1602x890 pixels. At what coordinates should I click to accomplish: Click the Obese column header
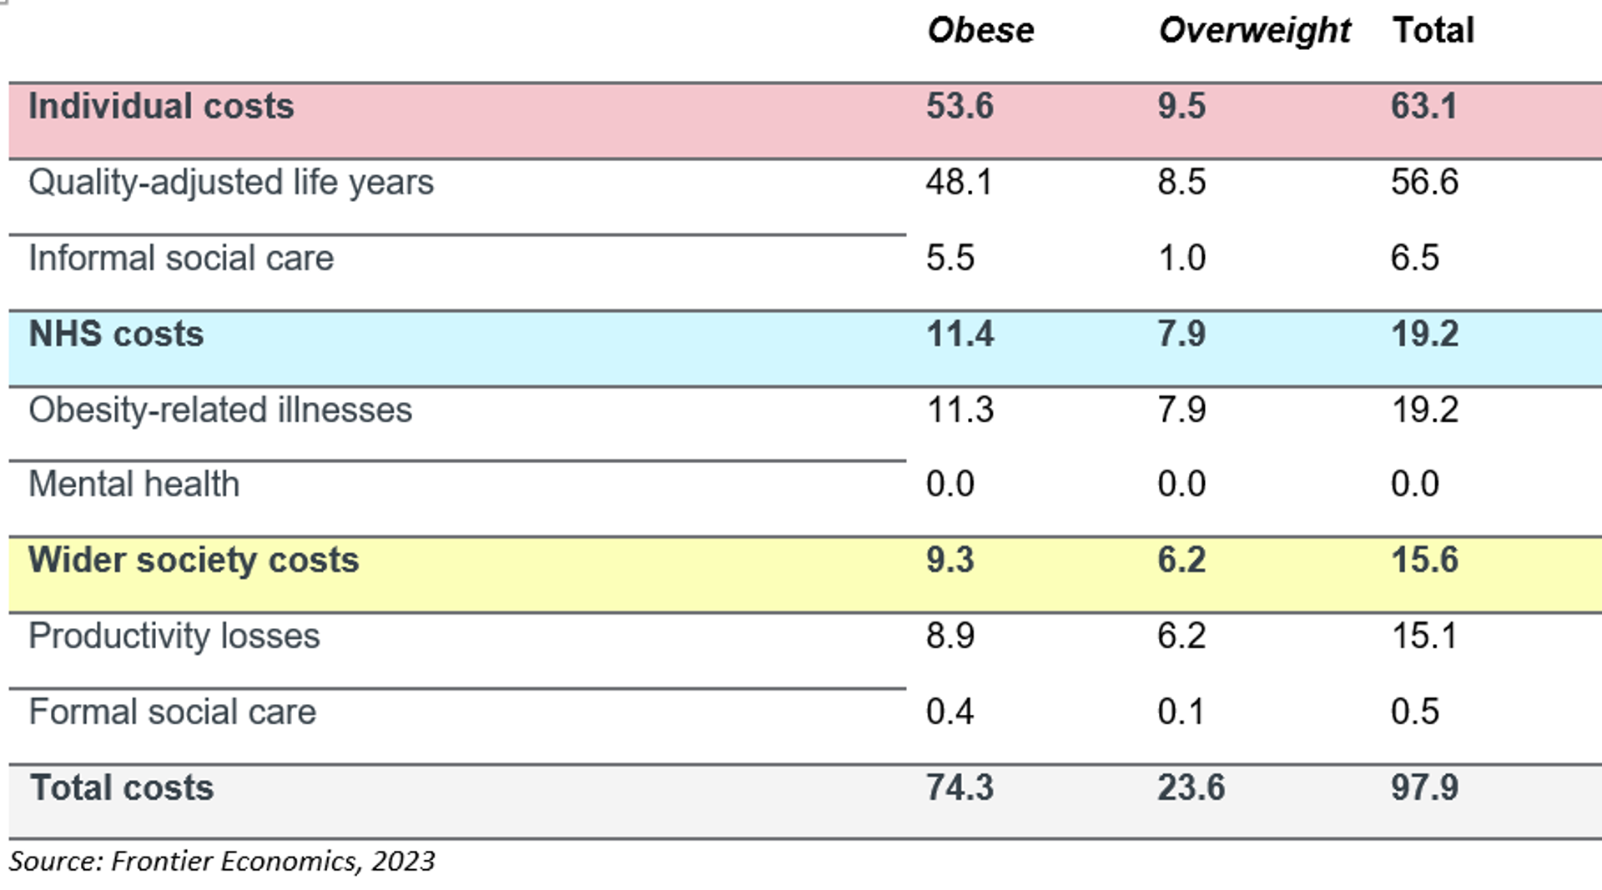pyautogui.click(x=980, y=31)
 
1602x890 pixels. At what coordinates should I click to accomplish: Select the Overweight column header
pyautogui.click(x=1254, y=31)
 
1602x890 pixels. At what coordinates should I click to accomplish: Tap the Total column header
pyautogui.click(x=1433, y=31)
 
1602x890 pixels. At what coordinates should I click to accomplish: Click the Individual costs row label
pyautogui.click(x=161, y=107)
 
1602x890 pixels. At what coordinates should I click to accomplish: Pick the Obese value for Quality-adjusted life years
pyautogui.click(x=959, y=182)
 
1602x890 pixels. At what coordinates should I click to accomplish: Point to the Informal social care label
pyautogui.click(x=181, y=258)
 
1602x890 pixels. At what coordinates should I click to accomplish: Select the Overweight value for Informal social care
pyautogui.click(x=1181, y=258)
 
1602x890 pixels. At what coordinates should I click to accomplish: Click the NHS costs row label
pyautogui.click(x=116, y=334)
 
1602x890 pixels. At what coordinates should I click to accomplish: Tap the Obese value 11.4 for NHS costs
pyautogui.click(x=960, y=334)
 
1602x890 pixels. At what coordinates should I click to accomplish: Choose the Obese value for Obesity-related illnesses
pyautogui.click(x=960, y=410)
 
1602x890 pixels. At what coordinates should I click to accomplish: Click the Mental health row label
pyautogui.click(x=133, y=484)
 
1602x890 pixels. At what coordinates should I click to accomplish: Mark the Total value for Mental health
pyautogui.click(x=1414, y=484)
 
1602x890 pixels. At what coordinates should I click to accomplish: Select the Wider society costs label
pyautogui.click(x=194, y=560)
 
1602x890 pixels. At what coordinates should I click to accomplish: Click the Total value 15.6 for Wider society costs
pyautogui.click(x=1424, y=560)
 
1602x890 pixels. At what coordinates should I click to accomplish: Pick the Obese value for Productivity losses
pyautogui.click(x=950, y=636)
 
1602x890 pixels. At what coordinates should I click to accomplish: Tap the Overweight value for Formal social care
pyautogui.click(x=1181, y=711)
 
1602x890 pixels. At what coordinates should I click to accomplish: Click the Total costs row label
pyautogui.click(x=122, y=787)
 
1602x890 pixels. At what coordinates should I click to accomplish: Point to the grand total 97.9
pyautogui.click(x=1424, y=787)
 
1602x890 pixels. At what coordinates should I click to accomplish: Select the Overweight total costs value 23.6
pyautogui.click(x=1191, y=787)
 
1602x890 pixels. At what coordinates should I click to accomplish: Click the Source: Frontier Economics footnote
pyautogui.click(x=222, y=861)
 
